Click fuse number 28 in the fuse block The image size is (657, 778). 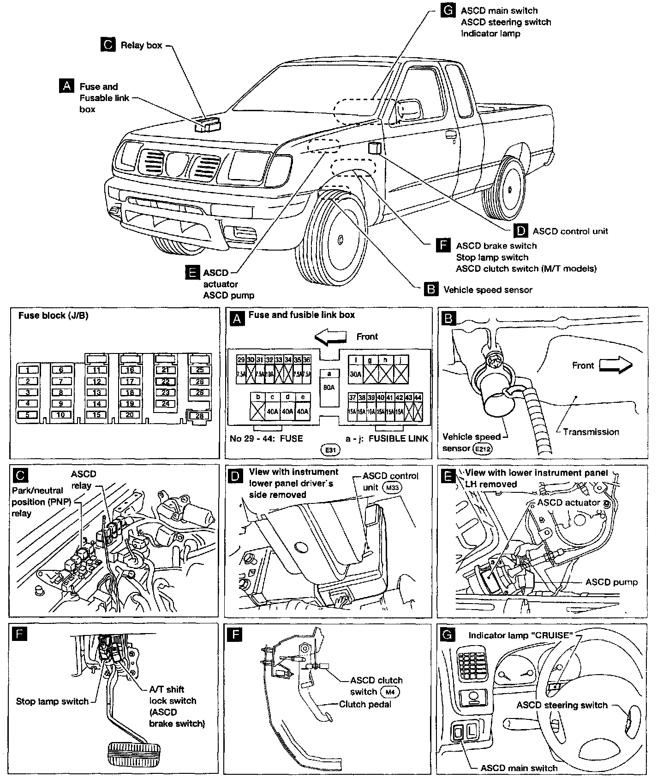coord(199,416)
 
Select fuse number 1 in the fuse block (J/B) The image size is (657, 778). coord(28,370)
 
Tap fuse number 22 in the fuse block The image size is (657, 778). coord(166,381)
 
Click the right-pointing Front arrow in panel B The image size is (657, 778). coord(616,365)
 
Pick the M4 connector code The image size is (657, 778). coord(390,692)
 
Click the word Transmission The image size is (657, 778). coord(591,432)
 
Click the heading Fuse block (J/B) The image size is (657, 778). coord(53,316)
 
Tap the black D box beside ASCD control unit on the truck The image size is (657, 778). coord(521,231)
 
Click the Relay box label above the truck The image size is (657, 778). coord(141,45)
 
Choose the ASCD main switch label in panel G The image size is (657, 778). coord(519,768)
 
